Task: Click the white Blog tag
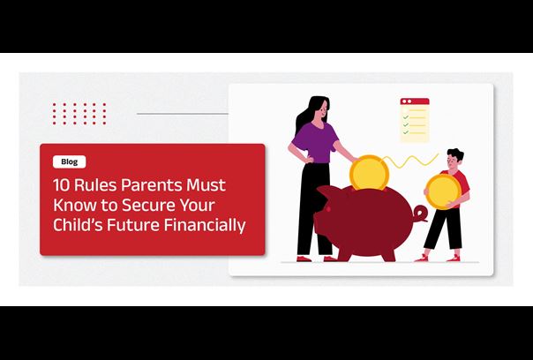coord(70,161)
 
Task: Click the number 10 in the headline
coord(61,185)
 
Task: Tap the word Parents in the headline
coord(149,185)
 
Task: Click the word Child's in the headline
coord(78,225)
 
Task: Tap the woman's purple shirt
coord(316,143)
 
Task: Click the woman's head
coord(319,109)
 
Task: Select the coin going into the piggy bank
coord(369,173)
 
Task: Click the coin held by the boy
coord(443,191)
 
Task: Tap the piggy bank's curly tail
coord(420,214)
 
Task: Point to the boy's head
coord(455,159)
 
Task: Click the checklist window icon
coord(415,120)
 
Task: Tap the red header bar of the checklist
coord(415,101)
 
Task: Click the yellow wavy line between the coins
coord(411,161)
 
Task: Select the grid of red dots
coord(79,114)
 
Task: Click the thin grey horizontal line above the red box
coord(183,114)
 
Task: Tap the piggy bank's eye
coord(327,208)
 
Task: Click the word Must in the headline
coord(206,185)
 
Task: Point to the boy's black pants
coord(443,229)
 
